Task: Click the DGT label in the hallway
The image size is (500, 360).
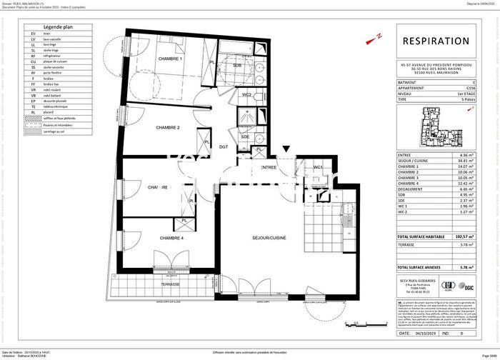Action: pos(224,147)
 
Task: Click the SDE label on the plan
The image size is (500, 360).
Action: pos(245,136)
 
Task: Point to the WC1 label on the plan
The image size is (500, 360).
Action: pos(319,168)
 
